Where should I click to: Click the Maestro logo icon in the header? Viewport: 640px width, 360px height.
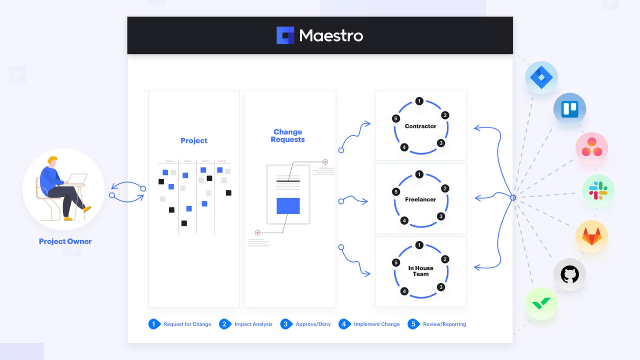click(x=285, y=35)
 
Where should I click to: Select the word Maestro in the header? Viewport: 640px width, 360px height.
click(x=331, y=35)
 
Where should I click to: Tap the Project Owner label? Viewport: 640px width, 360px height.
click(x=65, y=241)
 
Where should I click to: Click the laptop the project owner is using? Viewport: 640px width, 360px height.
click(x=77, y=179)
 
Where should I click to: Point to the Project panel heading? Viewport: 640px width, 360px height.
click(x=194, y=141)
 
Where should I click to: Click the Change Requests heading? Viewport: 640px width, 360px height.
click(x=287, y=135)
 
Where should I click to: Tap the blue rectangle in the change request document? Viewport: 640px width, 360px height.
click(x=288, y=206)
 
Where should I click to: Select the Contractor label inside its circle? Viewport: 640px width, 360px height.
click(x=420, y=126)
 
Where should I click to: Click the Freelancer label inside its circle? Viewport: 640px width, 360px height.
click(x=420, y=199)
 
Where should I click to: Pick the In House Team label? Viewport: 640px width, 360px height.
click(x=420, y=271)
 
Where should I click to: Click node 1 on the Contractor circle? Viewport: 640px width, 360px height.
click(x=419, y=101)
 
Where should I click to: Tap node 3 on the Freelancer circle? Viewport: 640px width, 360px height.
click(x=441, y=216)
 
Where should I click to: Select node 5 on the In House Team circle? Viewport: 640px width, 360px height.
click(x=396, y=262)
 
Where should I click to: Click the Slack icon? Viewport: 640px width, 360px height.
click(x=598, y=191)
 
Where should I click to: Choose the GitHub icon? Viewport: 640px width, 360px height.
click(x=569, y=274)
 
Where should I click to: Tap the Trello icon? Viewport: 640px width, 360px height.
click(x=569, y=109)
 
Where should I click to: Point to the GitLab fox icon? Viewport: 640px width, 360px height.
click(x=591, y=236)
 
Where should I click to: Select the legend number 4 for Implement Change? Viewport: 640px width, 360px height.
click(x=343, y=324)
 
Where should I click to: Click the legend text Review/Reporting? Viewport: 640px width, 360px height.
click(x=444, y=324)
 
